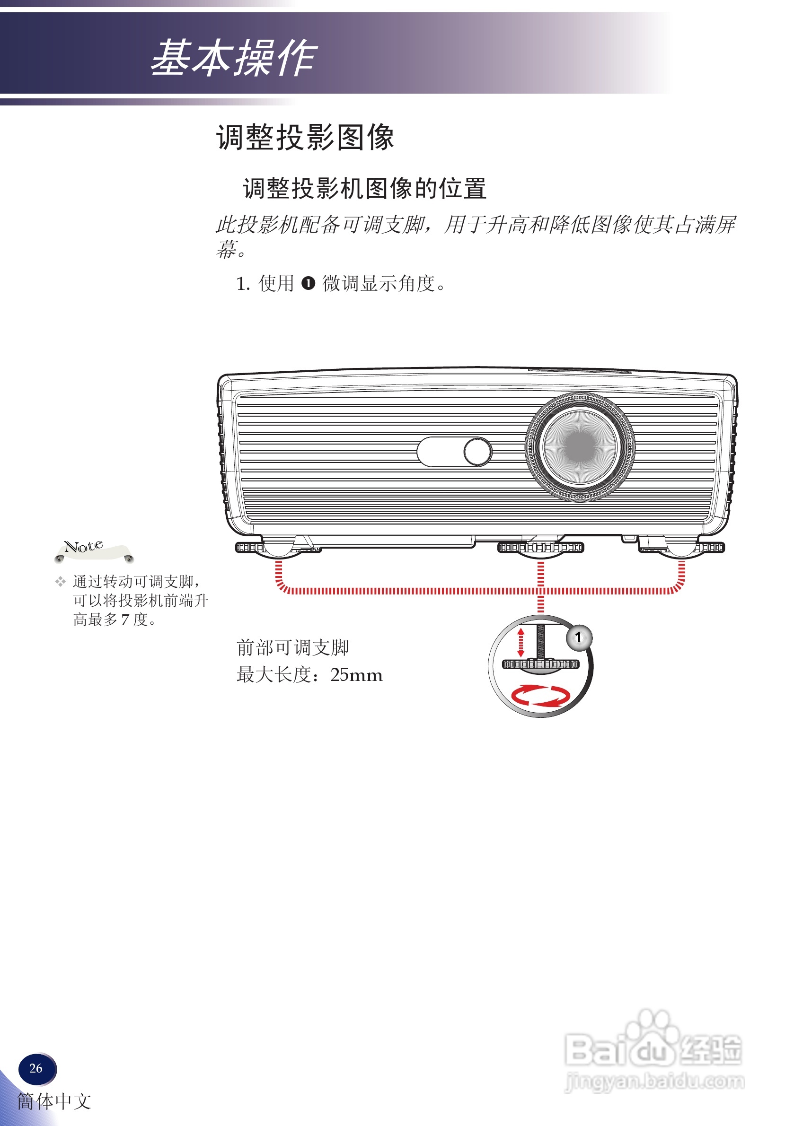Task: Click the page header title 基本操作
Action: [234, 58]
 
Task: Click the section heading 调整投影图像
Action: [305, 137]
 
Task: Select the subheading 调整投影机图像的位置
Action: [364, 189]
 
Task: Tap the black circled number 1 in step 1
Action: [308, 283]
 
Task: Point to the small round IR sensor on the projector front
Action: [477, 451]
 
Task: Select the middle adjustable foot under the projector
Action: [540, 548]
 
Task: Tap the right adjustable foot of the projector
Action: [682, 548]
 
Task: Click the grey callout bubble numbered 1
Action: [579, 637]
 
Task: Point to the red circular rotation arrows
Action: [540, 695]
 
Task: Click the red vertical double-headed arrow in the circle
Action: [521, 643]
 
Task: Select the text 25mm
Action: [356, 675]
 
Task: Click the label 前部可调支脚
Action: [292, 648]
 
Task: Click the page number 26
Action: [36, 1068]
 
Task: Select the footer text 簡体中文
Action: [54, 1101]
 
